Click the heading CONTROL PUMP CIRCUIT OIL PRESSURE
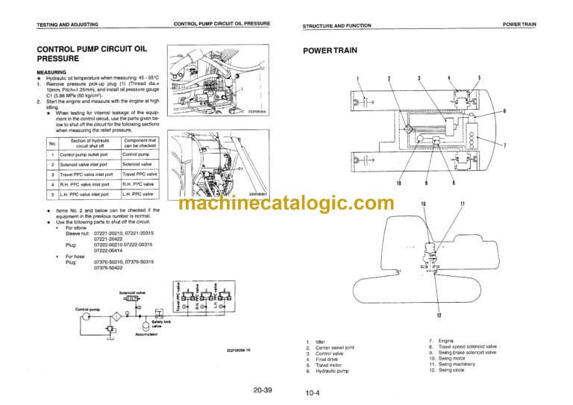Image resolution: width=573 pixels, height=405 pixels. pyautogui.click(x=98, y=54)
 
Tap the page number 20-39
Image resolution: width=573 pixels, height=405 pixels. pyautogui.click(x=262, y=389)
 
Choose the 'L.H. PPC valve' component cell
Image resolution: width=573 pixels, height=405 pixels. pyautogui.click(x=141, y=194)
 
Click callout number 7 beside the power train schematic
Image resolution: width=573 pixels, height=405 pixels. pyautogui.click(x=505, y=145)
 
